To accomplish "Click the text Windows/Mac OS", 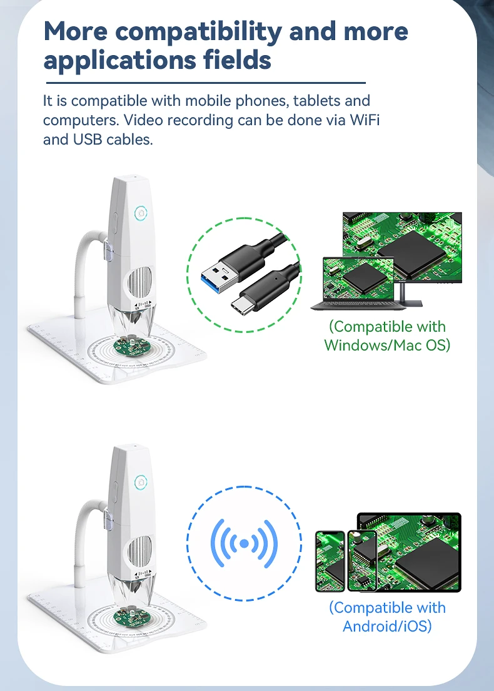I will click(x=387, y=345).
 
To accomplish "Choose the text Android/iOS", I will click(x=387, y=626).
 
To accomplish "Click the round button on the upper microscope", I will click(x=141, y=213).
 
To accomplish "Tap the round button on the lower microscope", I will click(x=141, y=482).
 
